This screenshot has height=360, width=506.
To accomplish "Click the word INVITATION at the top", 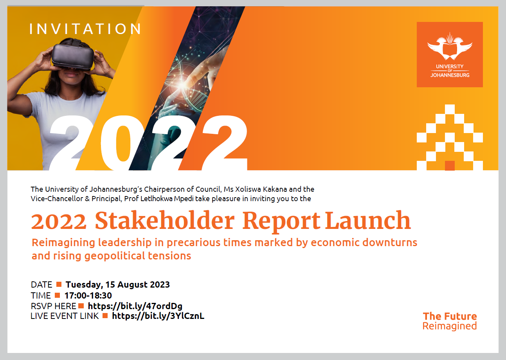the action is [85, 29].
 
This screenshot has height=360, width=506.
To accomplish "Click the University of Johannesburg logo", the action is [450, 54].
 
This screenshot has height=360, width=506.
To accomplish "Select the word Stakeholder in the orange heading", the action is [165, 221].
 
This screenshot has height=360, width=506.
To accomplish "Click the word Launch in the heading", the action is [368, 220].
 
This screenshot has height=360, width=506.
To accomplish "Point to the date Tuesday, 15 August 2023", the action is [117, 284].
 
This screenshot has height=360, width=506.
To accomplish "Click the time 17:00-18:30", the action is [88, 295].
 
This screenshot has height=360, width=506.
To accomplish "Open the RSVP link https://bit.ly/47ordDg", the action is [135, 306].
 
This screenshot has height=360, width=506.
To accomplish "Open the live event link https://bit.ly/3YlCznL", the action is [158, 316].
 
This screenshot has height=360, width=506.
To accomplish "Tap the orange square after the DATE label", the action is [59, 284].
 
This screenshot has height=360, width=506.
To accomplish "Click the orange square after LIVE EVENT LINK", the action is [105, 315].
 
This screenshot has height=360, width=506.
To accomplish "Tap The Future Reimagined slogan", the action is [450, 321].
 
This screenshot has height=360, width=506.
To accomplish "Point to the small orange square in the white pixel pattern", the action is [450, 166].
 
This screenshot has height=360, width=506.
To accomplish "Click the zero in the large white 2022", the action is [123, 142].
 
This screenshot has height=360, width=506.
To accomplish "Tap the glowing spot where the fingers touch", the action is [182, 85].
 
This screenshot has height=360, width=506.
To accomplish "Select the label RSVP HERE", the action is [54, 306].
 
